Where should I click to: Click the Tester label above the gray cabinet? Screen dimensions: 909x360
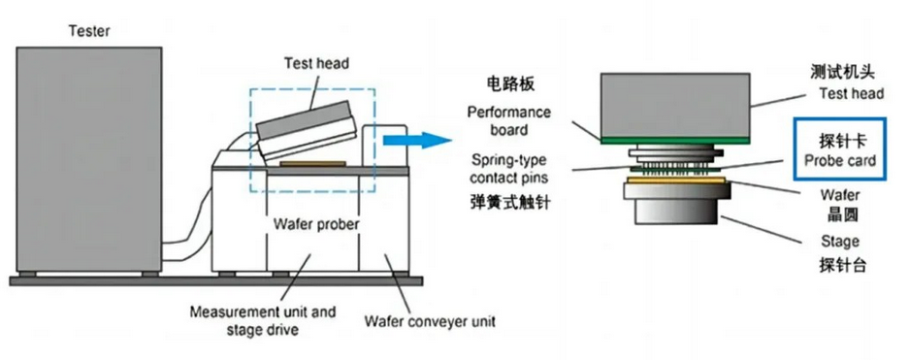pyautogui.click(x=88, y=31)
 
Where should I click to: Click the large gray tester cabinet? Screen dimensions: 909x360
pyautogui.click(x=88, y=159)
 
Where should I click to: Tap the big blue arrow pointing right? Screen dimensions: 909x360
pyautogui.click(x=417, y=141)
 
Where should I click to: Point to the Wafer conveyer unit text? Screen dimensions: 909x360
pyautogui.click(x=430, y=320)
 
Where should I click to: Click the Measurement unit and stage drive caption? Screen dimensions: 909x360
pyautogui.click(x=263, y=320)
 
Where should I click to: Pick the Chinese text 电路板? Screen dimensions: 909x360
pyautogui.click(x=509, y=84)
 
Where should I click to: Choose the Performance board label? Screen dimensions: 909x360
pyautogui.click(x=509, y=120)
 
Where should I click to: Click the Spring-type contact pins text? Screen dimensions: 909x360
pyautogui.click(x=509, y=168)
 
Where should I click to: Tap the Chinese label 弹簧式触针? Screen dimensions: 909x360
pyautogui.click(x=509, y=203)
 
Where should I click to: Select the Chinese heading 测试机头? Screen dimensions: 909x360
pyautogui.click(x=842, y=72)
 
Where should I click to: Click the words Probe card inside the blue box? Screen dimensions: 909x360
pyautogui.click(x=840, y=160)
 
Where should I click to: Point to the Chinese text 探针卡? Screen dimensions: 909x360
pyautogui.click(x=839, y=141)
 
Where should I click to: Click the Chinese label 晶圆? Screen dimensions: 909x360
pyautogui.click(x=841, y=215)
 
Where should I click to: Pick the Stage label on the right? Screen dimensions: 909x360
pyautogui.click(x=840, y=242)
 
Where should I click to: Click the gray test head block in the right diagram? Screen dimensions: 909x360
pyautogui.click(x=675, y=106)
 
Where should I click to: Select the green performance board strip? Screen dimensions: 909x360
pyautogui.click(x=675, y=141)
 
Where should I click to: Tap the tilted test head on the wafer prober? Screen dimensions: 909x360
pyautogui.click(x=306, y=130)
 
